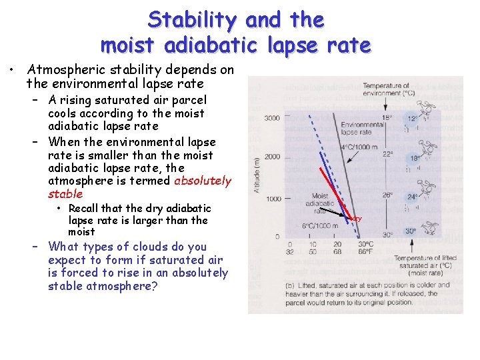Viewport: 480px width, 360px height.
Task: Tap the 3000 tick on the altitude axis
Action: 272,118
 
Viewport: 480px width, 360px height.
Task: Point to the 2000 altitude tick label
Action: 272,157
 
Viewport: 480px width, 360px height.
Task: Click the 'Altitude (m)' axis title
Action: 255,175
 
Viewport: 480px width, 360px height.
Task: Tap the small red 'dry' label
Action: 357,218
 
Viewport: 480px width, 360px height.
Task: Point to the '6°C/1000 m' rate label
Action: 321,225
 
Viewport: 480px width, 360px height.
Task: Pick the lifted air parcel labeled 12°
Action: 413,118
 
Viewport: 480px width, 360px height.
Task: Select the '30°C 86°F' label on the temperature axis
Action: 365,247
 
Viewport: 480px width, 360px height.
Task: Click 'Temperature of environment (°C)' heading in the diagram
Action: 387,89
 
